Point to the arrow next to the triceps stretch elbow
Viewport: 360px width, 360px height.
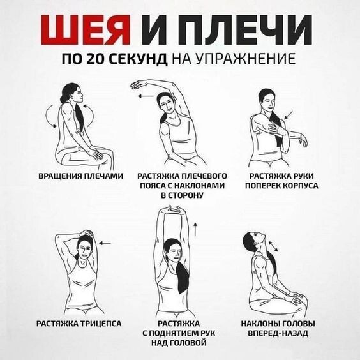(106, 243)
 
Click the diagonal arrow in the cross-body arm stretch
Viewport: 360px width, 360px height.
(289, 115)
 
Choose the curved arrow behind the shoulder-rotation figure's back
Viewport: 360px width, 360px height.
(48, 119)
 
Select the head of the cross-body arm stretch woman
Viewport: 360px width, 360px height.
(267, 100)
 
